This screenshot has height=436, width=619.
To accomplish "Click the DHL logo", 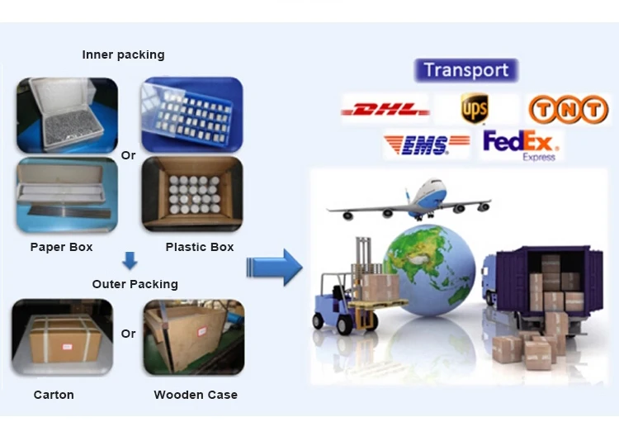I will click(x=385, y=109).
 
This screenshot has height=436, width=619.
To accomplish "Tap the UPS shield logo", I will click(x=475, y=108).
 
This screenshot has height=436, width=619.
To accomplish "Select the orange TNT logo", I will click(x=568, y=109).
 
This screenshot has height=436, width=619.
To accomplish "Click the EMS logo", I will click(x=426, y=145).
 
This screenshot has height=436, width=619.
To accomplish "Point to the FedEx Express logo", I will click(x=521, y=145).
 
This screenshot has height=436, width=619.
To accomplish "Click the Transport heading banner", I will click(x=466, y=70).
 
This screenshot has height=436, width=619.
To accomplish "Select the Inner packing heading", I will click(x=123, y=54).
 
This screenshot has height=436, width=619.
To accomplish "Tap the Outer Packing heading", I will click(x=135, y=284).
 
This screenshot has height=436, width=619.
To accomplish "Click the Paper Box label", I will click(x=61, y=247).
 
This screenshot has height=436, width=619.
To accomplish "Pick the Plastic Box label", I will click(x=200, y=247).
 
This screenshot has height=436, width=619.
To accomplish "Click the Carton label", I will click(x=54, y=395).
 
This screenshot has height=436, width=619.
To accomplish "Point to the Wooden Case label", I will click(x=196, y=395).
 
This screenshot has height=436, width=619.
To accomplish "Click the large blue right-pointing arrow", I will click(x=275, y=267).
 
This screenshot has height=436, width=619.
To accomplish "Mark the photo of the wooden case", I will click(x=193, y=338).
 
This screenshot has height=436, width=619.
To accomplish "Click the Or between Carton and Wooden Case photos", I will click(x=128, y=334).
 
